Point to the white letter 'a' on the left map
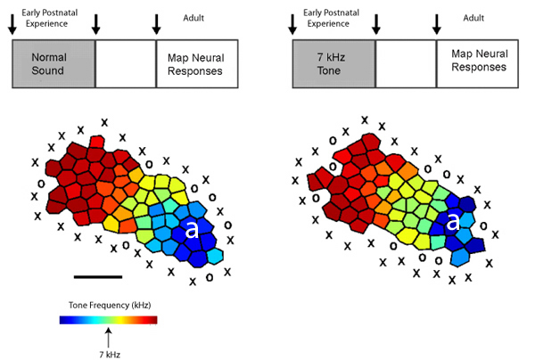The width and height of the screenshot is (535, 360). [191, 229]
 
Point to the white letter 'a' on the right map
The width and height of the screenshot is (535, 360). [452, 223]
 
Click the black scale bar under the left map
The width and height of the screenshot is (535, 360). [97, 275]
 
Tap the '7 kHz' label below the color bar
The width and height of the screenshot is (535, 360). [109, 354]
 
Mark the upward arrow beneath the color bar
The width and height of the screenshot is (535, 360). [109, 337]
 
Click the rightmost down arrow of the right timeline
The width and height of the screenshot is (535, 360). [437, 25]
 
